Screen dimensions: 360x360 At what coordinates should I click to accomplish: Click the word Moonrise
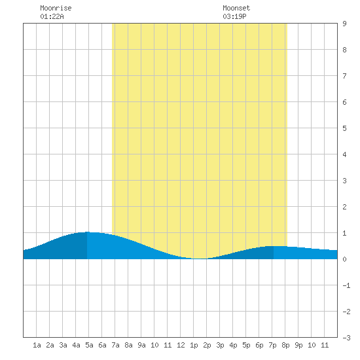point(56,8)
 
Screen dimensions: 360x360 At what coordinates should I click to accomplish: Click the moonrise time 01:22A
point(52,16)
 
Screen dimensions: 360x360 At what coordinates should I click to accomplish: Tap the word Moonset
point(236,8)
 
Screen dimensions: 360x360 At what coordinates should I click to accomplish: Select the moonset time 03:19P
point(234,16)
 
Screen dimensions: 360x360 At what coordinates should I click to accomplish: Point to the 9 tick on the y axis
point(344,24)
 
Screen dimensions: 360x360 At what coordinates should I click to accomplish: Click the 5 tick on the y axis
point(344,128)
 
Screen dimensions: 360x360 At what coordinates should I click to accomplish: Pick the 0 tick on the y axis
point(344,259)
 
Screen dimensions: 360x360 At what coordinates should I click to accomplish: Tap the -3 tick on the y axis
point(346,338)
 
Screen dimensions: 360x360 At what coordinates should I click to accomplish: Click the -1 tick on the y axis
point(346,285)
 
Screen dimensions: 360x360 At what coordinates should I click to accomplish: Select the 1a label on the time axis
point(37,345)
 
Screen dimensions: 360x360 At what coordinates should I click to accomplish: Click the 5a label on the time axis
point(89,345)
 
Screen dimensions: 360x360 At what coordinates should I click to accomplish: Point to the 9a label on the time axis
point(141,345)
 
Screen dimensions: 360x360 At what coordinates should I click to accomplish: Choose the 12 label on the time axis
point(181,345)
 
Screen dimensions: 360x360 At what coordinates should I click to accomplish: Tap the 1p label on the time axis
point(194,345)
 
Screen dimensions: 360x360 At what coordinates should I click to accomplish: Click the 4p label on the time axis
point(233,345)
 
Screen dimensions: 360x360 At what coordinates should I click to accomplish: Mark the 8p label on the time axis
point(285,345)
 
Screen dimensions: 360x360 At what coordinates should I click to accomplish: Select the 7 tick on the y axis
point(344,76)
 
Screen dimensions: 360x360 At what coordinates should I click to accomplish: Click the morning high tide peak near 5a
point(87,232)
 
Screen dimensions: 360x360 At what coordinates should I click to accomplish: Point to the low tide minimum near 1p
point(200,259)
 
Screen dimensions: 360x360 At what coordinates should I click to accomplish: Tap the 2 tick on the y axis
point(344,207)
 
